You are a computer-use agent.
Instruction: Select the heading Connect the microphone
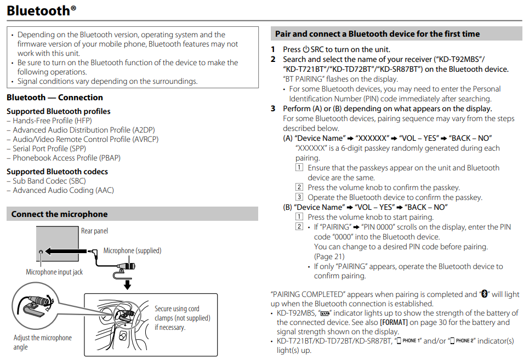tap(59, 214)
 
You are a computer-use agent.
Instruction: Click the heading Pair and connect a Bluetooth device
tap(377, 34)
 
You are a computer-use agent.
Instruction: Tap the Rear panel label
tap(94, 231)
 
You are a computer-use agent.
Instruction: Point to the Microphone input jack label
tap(54, 272)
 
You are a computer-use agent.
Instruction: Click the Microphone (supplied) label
tap(132, 250)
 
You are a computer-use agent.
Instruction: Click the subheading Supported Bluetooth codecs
tap(57, 172)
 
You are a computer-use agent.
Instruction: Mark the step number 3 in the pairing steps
tap(273, 108)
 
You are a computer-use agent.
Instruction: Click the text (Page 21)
tap(329, 256)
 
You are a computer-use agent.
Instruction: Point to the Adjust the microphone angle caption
tap(42, 342)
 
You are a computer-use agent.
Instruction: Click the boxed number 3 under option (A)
tap(299, 197)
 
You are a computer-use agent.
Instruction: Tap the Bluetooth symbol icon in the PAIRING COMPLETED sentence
tap(484, 294)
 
